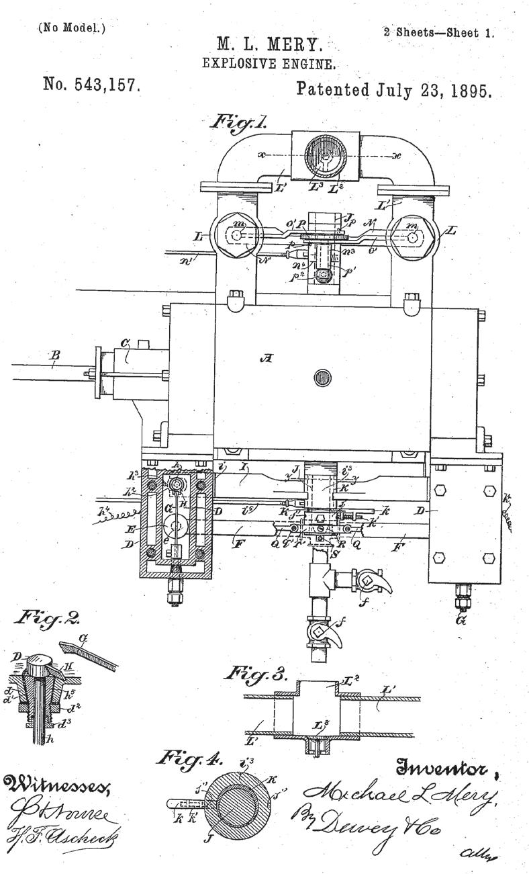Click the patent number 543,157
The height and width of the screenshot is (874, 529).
pyautogui.click(x=91, y=85)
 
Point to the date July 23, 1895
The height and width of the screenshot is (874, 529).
pyautogui.click(x=395, y=89)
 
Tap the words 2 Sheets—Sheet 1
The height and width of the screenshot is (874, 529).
pyautogui.click(x=438, y=32)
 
